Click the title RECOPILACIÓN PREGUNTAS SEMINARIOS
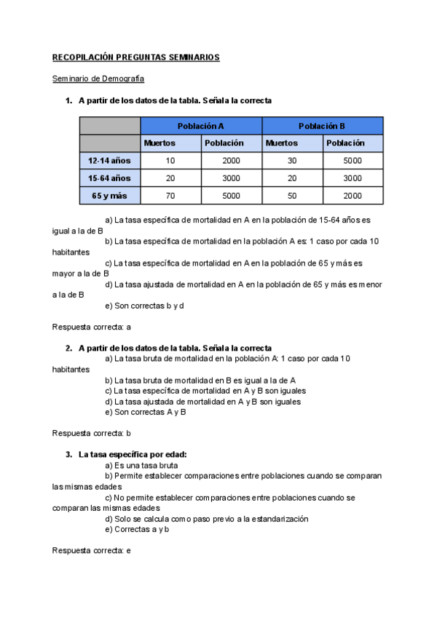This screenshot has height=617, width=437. [136, 57]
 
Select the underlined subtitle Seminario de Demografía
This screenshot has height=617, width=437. [98, 78]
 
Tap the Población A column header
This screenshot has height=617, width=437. [200, 126]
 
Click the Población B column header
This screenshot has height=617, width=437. [322, 126]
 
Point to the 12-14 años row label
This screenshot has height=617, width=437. [109, 160]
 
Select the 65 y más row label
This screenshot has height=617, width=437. [109, 195]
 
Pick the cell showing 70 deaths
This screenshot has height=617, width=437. [170, 195]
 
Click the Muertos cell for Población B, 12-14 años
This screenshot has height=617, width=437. [291, 160]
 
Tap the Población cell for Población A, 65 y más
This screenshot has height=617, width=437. [231, 195]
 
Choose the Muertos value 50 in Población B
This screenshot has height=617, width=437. [291, 195]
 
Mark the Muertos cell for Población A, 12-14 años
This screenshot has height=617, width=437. [170, 160]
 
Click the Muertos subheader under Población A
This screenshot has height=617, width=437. [160, 143]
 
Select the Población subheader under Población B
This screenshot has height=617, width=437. [345, 143]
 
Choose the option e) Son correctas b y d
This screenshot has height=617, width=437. [144, 306]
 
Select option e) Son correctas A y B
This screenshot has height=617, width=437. [146, 412]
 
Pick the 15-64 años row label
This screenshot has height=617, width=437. [109, 178]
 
